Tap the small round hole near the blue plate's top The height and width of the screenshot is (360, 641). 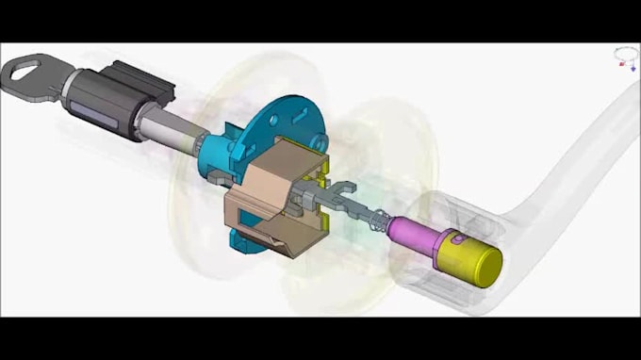pos(274,120)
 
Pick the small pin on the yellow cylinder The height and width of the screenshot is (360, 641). pos(457,239)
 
